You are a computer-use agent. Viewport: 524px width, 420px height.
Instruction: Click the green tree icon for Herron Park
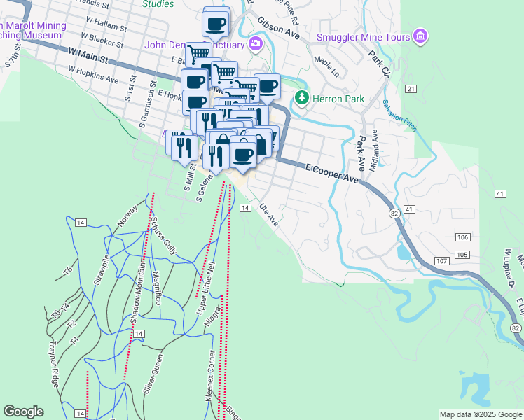[302, 97]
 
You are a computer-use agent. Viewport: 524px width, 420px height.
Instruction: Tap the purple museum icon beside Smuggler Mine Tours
[420, 36]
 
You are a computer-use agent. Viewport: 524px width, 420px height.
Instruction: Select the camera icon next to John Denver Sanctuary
[255, 45]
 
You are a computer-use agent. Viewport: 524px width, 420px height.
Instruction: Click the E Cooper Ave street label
[333, 173]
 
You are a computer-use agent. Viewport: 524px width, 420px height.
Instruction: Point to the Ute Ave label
[269, 215]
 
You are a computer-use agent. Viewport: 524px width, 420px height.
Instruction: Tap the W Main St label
[89, 55]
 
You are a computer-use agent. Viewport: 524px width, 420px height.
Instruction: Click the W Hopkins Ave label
[93, 75]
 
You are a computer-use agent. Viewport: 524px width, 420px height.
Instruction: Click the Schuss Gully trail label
[164, 235]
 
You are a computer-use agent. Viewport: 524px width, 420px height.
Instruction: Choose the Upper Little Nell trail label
[205, 276]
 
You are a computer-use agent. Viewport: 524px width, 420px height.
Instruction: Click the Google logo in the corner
[23, 412]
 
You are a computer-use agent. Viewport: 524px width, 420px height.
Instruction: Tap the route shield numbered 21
[411, 88]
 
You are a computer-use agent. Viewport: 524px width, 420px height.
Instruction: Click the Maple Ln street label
[326, 68]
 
